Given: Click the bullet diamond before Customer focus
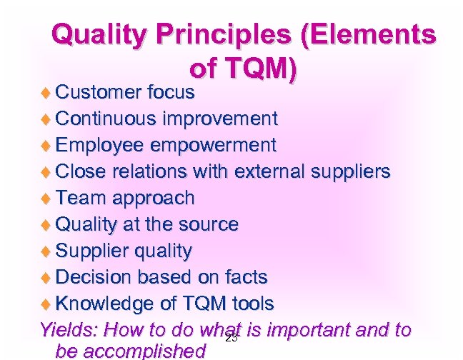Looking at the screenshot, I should coord(47,93).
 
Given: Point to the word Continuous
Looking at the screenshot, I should coord(108,119).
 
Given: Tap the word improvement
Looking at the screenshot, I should coord(221,119).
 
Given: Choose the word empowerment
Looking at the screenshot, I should coord(212,145).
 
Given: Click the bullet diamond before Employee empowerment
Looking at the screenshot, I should coord(47,146).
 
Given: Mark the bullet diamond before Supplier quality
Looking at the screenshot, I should coord(47,251).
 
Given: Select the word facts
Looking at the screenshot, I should coord(243,276).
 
